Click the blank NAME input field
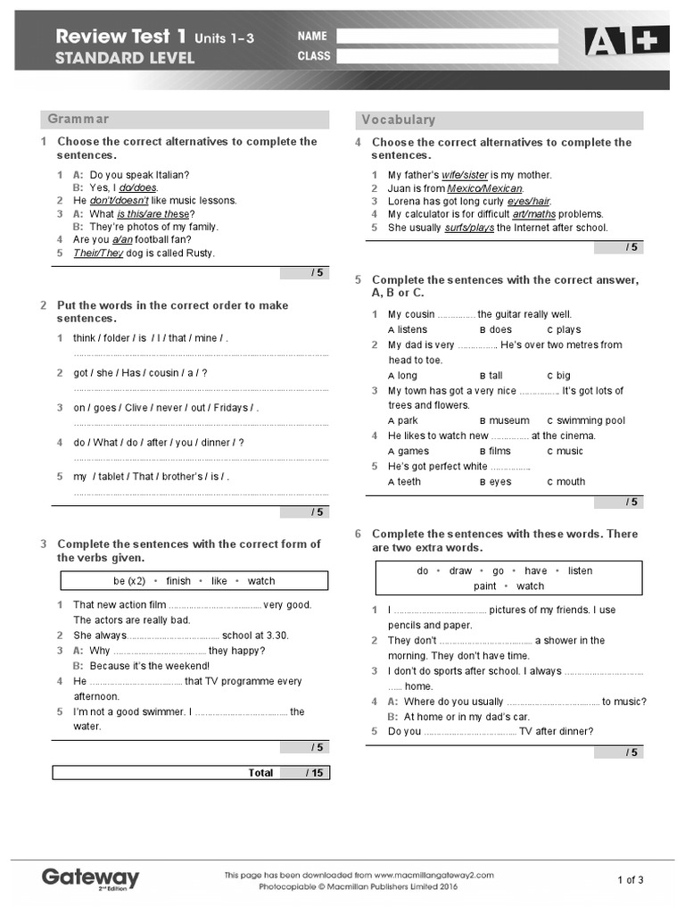click(447, 37)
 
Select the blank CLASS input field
click(447, 56)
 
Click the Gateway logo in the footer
click(90, 877)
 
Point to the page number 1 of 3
click(630, 880)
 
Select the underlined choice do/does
click(138, 187)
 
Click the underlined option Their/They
click(98, 253)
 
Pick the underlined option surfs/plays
click(469, 228)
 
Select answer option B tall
click(491, 376)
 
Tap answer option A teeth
click(404, 482)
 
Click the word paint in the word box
click(485, 586)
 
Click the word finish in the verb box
click(178, 581)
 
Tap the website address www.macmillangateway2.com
click(433, 876)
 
